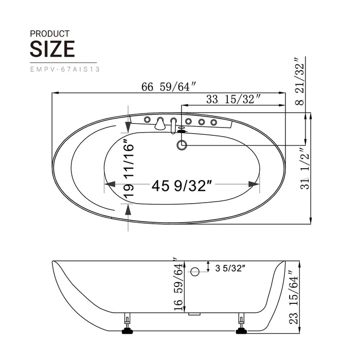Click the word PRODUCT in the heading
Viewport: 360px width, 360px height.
49,33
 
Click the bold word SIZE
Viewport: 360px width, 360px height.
52,49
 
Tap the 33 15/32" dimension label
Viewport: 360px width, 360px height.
233,99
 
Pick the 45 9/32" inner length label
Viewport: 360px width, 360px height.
182,185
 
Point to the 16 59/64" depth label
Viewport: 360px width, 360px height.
178,284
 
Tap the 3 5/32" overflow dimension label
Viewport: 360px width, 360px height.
230,267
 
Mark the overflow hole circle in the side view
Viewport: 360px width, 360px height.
194,272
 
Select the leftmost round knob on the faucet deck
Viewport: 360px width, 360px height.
148,120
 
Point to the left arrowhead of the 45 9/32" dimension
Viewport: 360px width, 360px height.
110,184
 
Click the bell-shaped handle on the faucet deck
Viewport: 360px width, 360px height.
160,123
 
